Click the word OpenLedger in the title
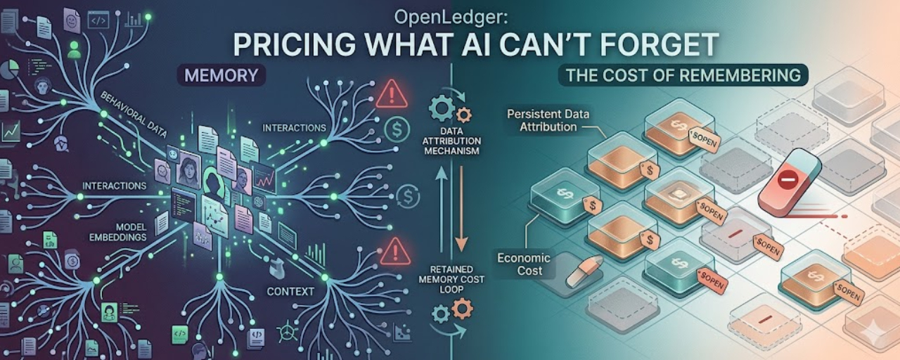[451, 18]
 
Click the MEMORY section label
[221, 75]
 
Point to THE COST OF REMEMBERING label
[683, 75]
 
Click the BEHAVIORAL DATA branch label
[133, 114]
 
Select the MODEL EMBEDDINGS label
[117, 232]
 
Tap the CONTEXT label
[290, 291]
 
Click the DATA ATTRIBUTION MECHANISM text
[451, 141]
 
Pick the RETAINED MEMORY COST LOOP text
[451, 279]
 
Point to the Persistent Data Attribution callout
[548, 120]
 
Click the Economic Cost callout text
[524, 264]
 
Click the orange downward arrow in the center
[461, 209]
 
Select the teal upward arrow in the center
[442, 210]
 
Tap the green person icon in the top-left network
[74, 50]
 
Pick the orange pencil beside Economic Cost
[584, 271]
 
